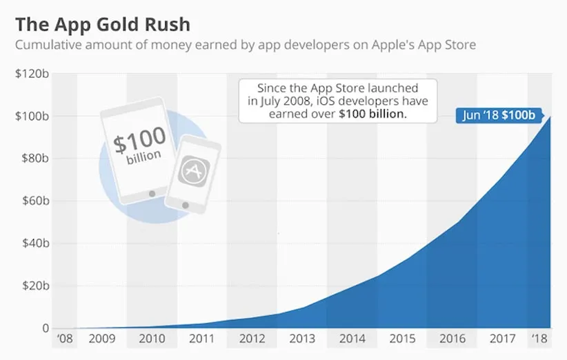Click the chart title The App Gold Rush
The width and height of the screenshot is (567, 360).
[x=103, y=26]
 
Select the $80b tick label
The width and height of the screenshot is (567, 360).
[x=33, y=159]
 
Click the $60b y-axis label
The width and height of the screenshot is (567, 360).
[x=33, y=201]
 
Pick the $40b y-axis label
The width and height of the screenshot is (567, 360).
[x=33, y=243]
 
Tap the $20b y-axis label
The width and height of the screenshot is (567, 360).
[x=33, y=286]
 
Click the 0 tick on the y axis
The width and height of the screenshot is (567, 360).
[x=45, y=328]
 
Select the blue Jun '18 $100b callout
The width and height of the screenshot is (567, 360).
[x=499, y=115]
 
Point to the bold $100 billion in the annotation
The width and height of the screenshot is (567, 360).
[x=373, y=114]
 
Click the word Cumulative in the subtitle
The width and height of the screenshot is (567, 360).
[x=50, y=46]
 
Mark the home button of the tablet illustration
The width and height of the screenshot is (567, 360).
[x=152, y=193]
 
